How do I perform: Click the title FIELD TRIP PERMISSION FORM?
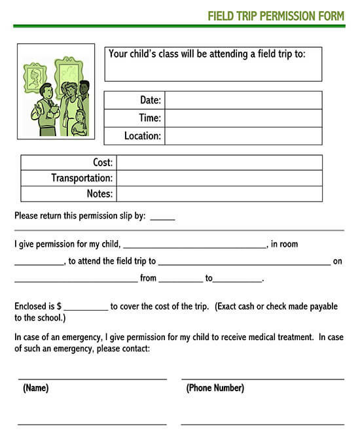(x=276, y=16)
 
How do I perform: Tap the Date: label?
(x=150, y=100)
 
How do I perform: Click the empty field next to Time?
(x=243, y=118)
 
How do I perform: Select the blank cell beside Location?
(x=243, y=136)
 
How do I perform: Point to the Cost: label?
(x=103, y=162)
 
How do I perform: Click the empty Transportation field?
(x=219, y=178)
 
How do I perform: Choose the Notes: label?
(x=99, y=194)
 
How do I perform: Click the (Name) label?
(x=36, y=388)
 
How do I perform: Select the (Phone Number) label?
(x=215, y=388)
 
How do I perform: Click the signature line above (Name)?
(x=92, y=378)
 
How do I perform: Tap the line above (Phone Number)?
(x=262, y=378)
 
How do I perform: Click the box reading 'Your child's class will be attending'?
(x=213, y=63)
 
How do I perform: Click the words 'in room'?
(x=284, y=244)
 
